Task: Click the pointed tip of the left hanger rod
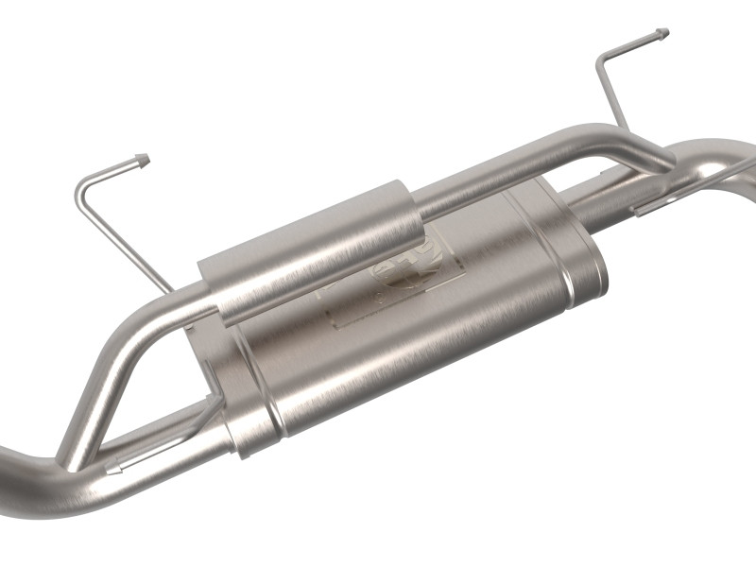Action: tap(143, 158)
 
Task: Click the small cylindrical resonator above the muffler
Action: tap(312, 249)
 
